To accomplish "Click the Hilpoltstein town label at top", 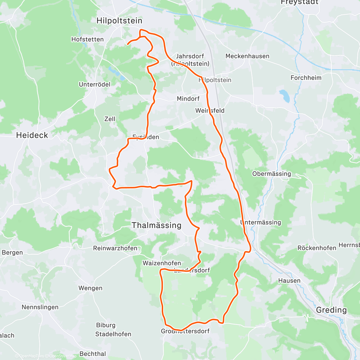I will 119,21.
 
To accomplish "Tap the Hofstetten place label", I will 87,39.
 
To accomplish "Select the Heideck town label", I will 32,135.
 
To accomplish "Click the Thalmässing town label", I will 157,225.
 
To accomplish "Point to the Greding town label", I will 331,310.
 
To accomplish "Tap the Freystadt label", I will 299,2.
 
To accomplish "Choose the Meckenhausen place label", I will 247,56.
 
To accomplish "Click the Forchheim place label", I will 306,78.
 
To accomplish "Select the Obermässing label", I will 271,174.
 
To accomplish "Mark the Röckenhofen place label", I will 317,248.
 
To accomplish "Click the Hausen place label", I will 289,280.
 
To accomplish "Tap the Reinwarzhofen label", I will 115,248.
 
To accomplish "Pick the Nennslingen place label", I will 40,307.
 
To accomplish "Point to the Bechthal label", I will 93,354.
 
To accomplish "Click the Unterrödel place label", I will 94,84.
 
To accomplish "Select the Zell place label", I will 110,119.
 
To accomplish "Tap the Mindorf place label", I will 188,99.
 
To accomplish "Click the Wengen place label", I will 90,288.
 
